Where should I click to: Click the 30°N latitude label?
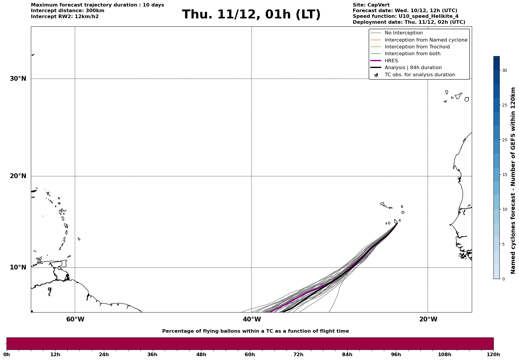18,79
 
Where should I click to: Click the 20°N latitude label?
18,176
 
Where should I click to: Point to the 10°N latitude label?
18,267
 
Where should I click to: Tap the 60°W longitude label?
75,319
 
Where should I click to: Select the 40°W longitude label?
252,319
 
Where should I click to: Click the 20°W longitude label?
428,319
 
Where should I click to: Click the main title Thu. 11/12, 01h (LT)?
251,15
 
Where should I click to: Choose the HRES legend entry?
391,61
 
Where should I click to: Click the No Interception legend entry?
404,33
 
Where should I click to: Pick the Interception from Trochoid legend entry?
417,47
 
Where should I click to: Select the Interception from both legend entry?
412,54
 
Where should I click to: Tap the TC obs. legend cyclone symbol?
376,75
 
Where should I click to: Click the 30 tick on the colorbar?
504,70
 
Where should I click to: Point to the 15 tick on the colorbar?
504,175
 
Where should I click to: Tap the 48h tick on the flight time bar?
201,354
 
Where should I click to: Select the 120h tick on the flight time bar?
493,354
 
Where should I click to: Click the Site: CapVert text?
371,5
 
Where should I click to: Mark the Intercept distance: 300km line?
67,11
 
